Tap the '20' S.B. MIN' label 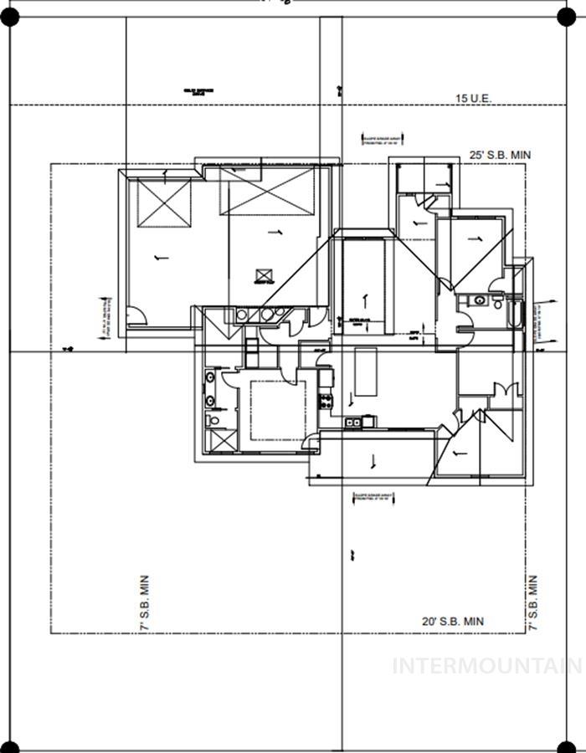(x=452, y=622)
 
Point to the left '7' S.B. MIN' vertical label (x=144, y=602)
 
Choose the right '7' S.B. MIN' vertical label (x=532, y=602)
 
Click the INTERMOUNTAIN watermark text (x=487, y=666)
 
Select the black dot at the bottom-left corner (x=8, y=746)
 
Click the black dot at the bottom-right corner (x=568, y=746)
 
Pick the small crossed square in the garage (x=266, y=274)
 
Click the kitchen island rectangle (x=366, y=371)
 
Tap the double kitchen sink (x=354, y=423)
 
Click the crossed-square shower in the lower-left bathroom (x=219, y=440)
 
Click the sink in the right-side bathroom (x=479, y=299)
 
